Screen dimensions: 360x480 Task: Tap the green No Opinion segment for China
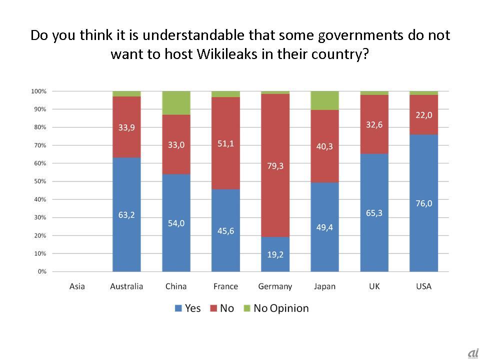coord(176,103)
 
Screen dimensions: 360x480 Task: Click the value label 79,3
coord(275,165)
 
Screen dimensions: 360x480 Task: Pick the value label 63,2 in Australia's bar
coord(126,215)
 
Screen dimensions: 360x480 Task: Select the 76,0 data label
coord(423,203)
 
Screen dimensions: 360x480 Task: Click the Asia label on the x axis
coord(77,286)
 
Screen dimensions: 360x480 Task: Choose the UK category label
coord(374,286)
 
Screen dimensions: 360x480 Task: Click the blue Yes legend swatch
coord(178,308)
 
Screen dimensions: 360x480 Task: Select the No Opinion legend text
coord(281,308)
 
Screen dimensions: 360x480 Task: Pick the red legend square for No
coord(213,308)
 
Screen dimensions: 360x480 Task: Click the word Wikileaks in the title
coord(226,54)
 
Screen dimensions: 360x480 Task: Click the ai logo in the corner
coord(472,353)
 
